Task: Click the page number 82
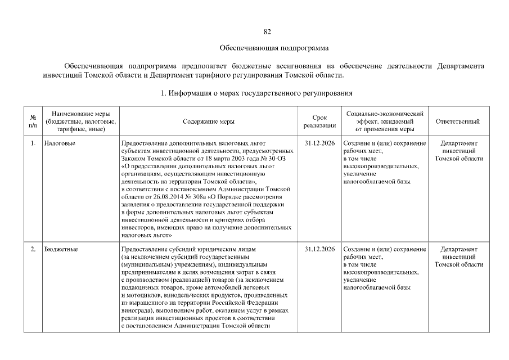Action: (267, 31)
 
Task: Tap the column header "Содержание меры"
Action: (209, 121)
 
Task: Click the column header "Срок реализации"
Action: (319, 121)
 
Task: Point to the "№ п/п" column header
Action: (33, 121)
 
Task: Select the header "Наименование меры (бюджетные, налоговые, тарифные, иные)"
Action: (80, 121)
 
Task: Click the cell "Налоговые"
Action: (60, 143)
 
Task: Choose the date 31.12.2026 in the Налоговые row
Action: (319, 143)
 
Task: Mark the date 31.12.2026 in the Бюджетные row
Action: (319, 249)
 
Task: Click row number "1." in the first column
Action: (33, 143)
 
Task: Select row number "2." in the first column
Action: (33, 249)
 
